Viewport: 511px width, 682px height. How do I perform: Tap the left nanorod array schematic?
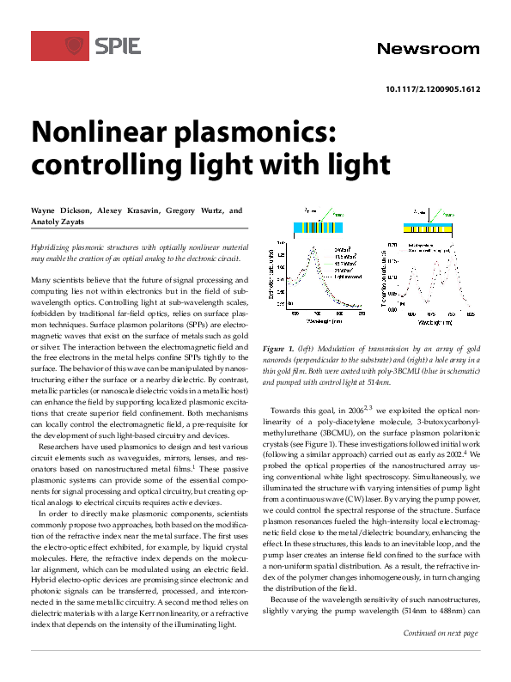(314, 226)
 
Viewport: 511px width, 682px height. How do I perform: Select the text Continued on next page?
(440, 658)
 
